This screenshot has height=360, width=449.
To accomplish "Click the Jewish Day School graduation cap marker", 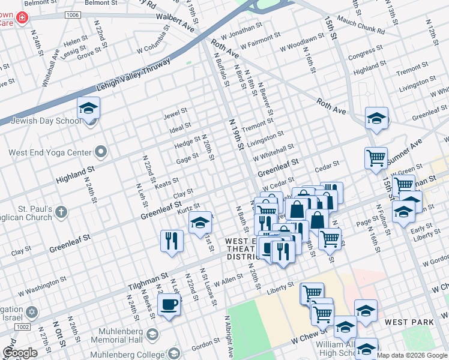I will point(88,108).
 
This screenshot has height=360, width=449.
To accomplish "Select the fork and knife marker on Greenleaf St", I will point(172,241).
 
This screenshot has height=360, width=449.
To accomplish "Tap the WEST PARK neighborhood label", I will point(409,322).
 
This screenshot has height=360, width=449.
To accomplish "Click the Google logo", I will point(20,353).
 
